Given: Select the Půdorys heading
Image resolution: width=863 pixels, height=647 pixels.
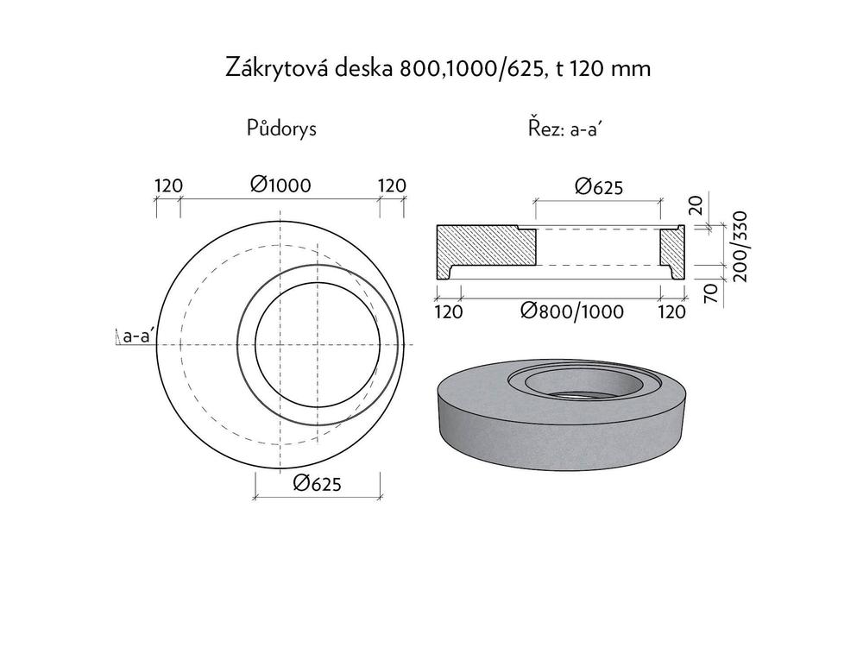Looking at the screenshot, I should [281, 129].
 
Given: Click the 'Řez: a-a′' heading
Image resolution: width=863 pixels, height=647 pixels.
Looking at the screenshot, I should [564, 129].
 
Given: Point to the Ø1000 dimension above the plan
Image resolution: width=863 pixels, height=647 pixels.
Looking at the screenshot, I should [280, 185].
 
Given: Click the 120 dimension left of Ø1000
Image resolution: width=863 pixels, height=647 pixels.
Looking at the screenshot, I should [167, 185].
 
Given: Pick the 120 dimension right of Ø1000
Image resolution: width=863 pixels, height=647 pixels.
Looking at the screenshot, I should [392, 185].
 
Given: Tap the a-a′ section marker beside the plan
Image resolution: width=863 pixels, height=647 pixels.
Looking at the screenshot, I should [136, 336].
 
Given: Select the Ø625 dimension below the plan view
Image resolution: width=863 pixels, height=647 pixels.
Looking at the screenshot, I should [317, 484].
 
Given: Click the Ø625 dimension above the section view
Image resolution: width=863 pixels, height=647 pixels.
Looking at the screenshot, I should [598, 186].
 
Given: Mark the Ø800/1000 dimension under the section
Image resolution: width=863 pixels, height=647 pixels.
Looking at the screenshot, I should [571, 311].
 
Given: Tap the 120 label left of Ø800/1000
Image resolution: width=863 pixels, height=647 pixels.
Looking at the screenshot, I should [449, 311].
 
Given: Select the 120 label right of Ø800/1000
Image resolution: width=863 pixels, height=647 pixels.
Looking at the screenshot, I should [671, 311].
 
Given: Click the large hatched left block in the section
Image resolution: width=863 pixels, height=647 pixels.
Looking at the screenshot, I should [483, 248].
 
